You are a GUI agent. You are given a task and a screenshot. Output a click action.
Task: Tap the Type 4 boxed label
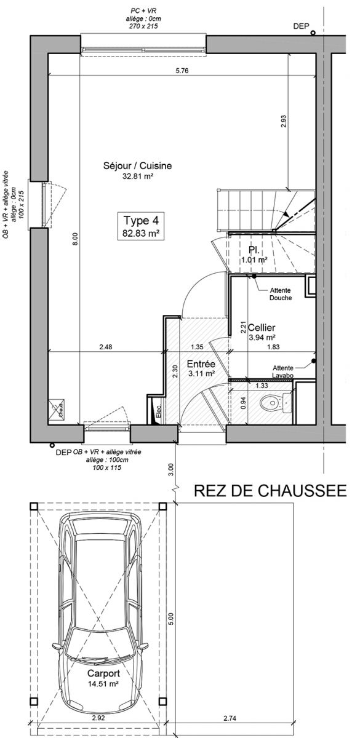click(141, 226)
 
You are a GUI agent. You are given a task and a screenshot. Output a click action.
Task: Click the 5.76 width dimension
click(182, 71)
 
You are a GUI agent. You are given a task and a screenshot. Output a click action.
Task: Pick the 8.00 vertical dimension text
click(75, 239)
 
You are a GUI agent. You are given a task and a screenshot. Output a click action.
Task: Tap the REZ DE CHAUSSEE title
click(270, 490)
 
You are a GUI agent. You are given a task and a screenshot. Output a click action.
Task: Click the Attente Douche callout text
click(281, 294)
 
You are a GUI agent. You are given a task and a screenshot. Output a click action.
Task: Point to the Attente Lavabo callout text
click(283, 371)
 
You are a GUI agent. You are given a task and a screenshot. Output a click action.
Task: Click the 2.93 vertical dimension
click(283, 121)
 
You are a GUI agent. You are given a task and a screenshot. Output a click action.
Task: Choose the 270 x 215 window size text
click(143, 26)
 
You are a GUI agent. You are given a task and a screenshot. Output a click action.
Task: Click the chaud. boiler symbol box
click(57, 408)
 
